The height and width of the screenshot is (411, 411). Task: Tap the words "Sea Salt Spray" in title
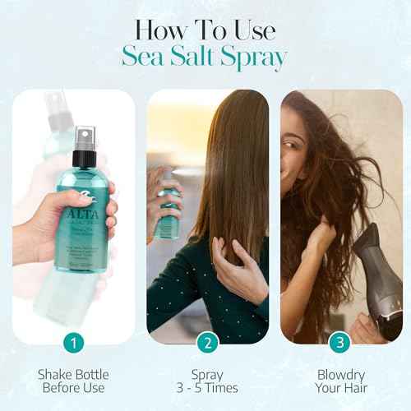tap(205, 58)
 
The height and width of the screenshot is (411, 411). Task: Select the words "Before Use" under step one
tap(75, 387)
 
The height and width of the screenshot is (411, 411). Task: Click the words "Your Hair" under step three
tap(337, 387)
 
